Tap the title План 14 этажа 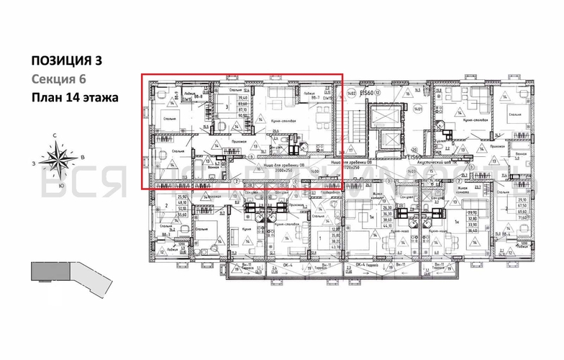click(x=73, y=97)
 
